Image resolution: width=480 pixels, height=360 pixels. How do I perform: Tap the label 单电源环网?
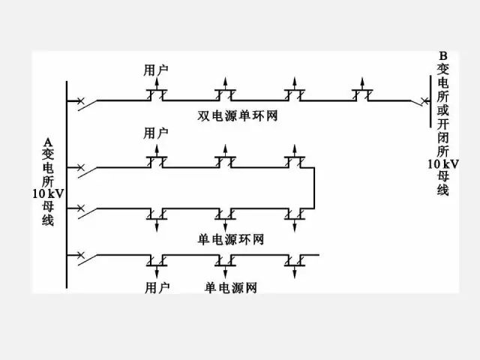pos(231,239)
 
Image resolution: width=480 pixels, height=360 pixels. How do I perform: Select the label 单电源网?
pos(231,287)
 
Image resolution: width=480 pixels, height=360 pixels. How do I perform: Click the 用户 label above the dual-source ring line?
pos(156,70)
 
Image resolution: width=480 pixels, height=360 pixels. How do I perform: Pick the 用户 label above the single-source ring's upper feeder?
pos(156,133)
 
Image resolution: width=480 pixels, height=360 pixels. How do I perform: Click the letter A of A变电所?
pos(48,142)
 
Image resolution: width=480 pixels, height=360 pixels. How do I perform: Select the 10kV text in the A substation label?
pos(48,193)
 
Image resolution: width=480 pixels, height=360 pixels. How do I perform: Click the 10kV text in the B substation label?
pos(442,163)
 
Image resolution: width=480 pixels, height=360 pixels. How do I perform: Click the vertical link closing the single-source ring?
pos(313,187)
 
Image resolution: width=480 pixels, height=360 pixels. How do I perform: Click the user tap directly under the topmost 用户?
pos(156,94)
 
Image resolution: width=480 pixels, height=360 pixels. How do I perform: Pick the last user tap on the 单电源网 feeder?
pos(295,260)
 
